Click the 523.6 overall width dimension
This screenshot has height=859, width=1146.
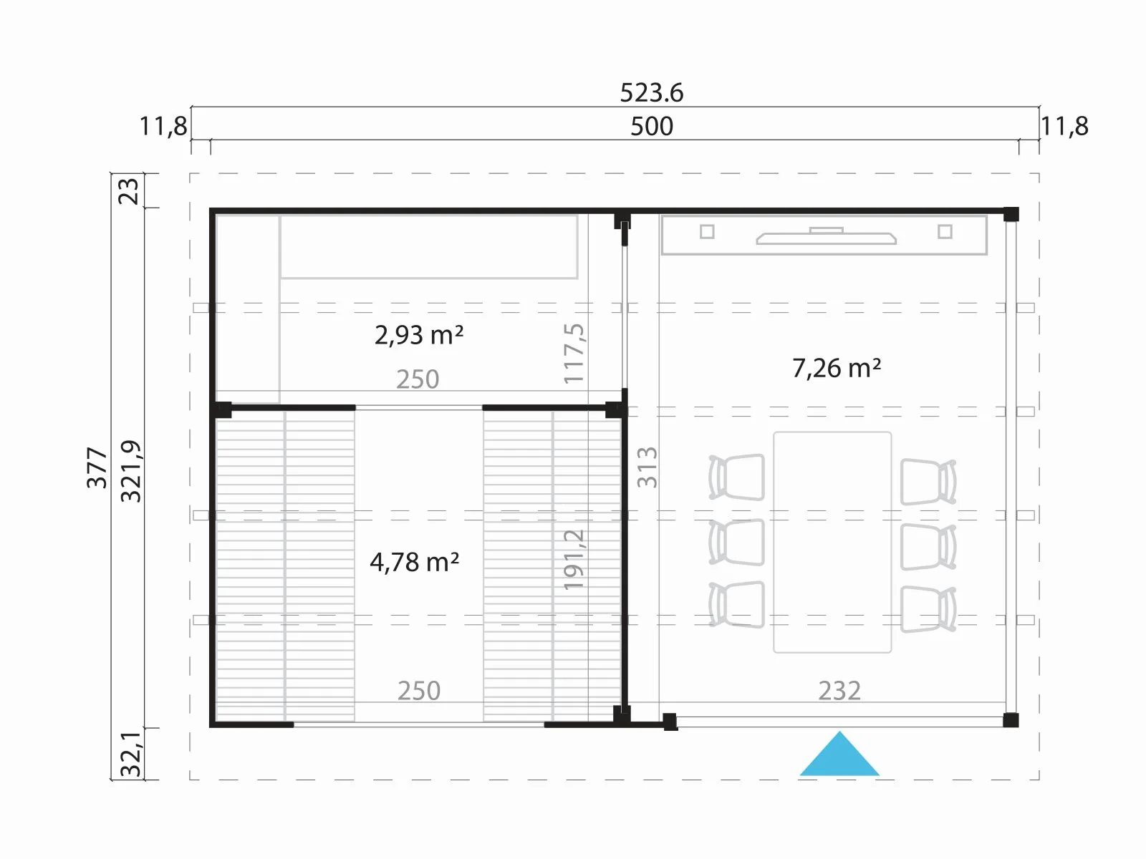(x=651, y=93)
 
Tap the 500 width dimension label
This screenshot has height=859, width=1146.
(x=652, y=126)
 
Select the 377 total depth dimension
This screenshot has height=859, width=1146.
(x=97, y=467)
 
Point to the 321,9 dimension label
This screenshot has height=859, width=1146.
(x=130, y=472)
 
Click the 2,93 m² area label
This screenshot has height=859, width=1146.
(x=419, y=335)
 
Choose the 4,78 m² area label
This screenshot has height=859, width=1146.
(x=415, y=562)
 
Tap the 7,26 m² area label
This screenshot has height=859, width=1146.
(x=837, y=368)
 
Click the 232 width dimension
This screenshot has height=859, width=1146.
(x=839, y=691)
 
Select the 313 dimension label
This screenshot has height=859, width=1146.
(x=647, y=467)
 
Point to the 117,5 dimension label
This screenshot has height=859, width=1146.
(x=574, y=354)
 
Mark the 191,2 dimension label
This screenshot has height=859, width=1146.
(x=574, y=560)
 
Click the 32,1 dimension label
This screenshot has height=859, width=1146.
(x=130, y=754)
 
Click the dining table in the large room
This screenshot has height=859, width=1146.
(x=832, y=542)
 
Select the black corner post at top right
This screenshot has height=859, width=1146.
(x=1011, y=214)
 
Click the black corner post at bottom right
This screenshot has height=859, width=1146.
(x=1011, y=719)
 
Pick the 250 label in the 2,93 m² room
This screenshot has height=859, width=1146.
(x=417, y=379)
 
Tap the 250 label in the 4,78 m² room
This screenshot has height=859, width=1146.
(x=419, y=691)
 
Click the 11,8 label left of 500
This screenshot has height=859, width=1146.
(x=163, y=126)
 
